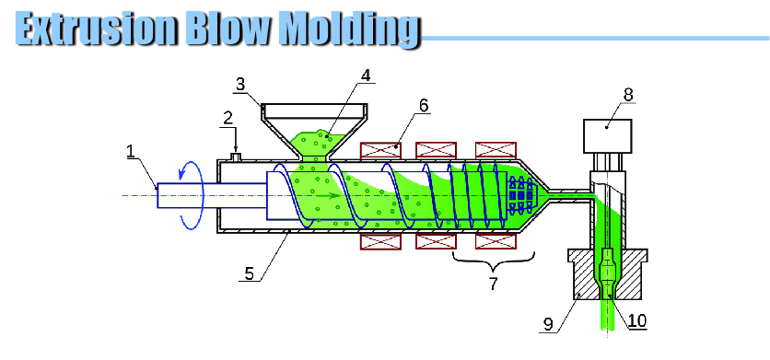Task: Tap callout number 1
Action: (x=130, y=151)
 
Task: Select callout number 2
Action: (x=227, y=119)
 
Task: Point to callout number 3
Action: (x=240, y=84)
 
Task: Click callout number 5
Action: (x=250, y=273)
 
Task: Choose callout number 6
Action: (x=424, y=105)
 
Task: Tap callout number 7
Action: (x=493, y=284)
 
